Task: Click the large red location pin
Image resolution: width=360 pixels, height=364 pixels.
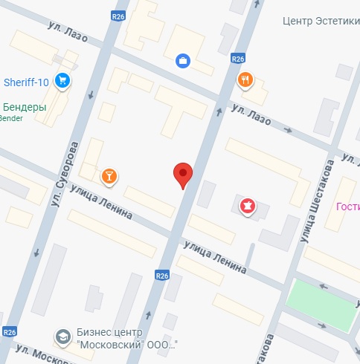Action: pyautogui.click(x=183, y=175)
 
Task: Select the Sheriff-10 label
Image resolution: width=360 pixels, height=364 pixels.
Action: pyautogui.click(x=26, y=81)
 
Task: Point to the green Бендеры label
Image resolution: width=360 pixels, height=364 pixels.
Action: pyautogui.click(x=25, y=107)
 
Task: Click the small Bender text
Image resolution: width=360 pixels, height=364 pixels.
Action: pyautogui.click(x=11, y=118)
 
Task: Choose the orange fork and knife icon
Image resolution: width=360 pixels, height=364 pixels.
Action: pyautogui.click(x=244, y=79)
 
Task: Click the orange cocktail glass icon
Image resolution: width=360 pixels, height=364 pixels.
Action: pyautogui.click(x=109, y=175)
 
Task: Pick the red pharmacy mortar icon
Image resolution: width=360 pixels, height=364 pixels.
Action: pyautogui.click(x=245, y=204)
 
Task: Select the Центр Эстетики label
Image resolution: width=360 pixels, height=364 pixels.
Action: pyautogui.click(x=321, y=21)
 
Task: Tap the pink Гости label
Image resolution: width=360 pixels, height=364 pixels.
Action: pyautogui.click(x=347, y=207)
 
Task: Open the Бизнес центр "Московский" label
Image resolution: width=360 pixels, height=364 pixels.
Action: pyautogui.click(x=126, y=339)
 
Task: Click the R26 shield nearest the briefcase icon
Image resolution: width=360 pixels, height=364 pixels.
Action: pyautogui.click(x=238, y=58)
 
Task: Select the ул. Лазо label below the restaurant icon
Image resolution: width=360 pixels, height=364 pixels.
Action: pyautogui.click(x=251, y=115)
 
